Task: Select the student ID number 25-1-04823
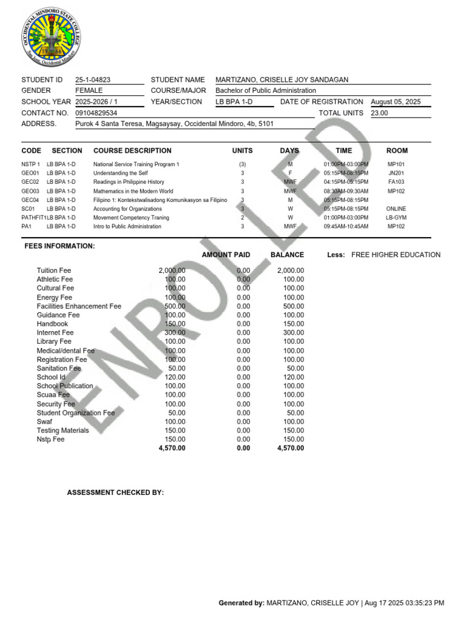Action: click(x=93, y=79)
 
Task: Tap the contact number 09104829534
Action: click(x=96, y=113)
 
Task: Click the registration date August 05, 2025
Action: click(x=395, y=102)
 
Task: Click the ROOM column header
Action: click(x=397, y=150)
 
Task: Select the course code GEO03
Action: click(x=30, y=191)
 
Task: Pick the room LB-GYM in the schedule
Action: click(x=396, y=218)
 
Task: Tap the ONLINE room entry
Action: click(x=396, y=209)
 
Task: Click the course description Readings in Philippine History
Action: click(x=129, y=182)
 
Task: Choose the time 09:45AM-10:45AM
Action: click(x=346, y=227)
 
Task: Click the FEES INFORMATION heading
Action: click(x=59, y=246)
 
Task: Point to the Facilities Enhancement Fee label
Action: click(x=79, y=306)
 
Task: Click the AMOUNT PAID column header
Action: click(x=226, y=255)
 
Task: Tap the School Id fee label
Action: click(x=51, y=377)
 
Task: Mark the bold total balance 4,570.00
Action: click(x=290, y=448)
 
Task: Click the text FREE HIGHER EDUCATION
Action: click(x=396, y=255)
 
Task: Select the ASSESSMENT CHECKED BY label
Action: click(x=115, y=492)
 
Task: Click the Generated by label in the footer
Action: click(x=241, y=603)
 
